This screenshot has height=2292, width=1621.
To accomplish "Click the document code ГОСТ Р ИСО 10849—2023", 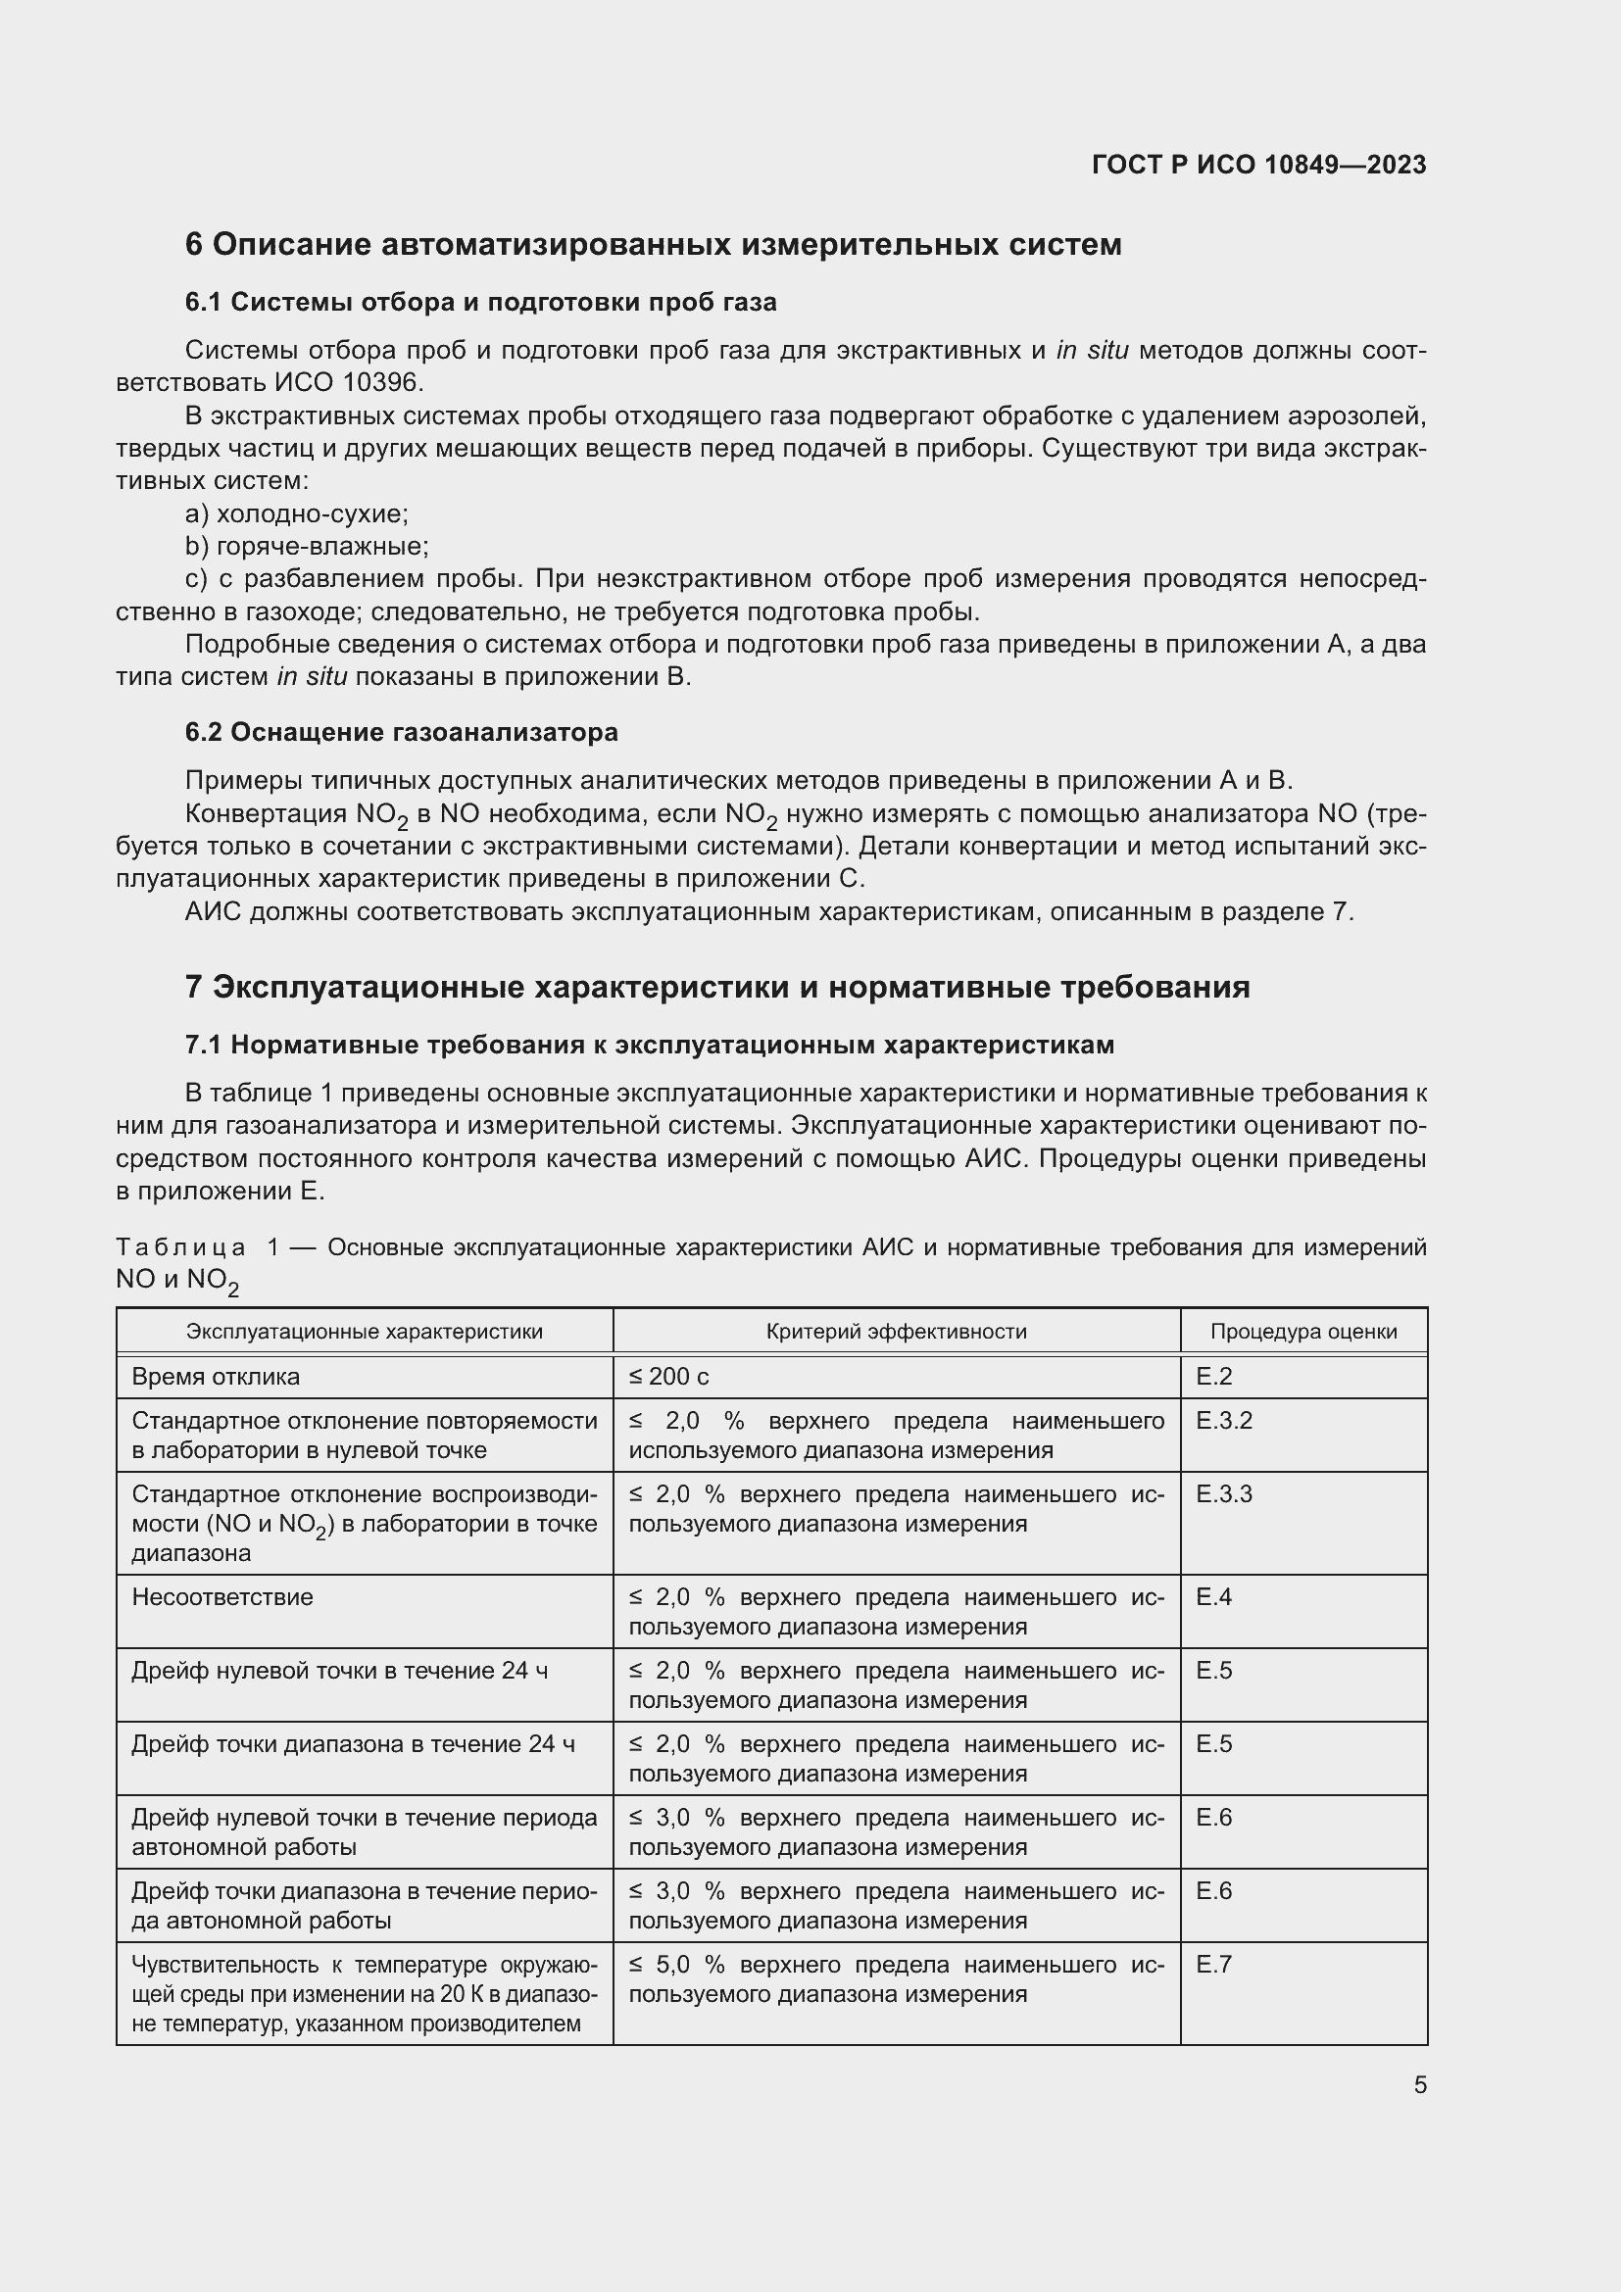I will click(x=1258, y=165).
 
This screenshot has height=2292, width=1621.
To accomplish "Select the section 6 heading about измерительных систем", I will click(x=653, y=245).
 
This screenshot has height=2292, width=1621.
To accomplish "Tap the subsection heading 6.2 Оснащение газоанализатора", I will click(x=401, y=732).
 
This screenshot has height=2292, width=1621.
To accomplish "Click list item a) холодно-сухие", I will click(x=296, y=514).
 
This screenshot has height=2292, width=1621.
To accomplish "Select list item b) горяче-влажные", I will click(x=307, y=546).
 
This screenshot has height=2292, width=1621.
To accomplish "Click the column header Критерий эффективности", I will click(x=896, y=1331).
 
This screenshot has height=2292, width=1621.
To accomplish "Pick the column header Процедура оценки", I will click(x=1302, y=1331).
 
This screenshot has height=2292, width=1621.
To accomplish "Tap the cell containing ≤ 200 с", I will click(x=668, y=1377).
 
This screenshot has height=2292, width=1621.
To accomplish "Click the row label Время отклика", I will click(x=216, y=1377).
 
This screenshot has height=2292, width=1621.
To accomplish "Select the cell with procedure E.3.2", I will click(x=1224, y=1421).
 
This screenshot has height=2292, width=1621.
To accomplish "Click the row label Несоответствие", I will click(x=222, y=1597).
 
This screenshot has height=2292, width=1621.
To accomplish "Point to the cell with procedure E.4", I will click(x=1213, y=1597).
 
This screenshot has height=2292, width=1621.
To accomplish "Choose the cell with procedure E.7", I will click(x=1213, y=1964).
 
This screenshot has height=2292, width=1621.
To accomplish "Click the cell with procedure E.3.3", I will click(x=1224, y=1494).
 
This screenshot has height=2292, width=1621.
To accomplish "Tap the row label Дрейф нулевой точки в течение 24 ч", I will click(x=339, y=1670).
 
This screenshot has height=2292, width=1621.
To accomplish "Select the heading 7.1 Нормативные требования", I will click(x=649, y=1046).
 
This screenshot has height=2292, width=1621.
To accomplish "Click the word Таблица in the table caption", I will click(x=180, y=1247).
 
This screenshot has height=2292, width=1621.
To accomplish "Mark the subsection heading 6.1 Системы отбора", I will click(x=480, y=303).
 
